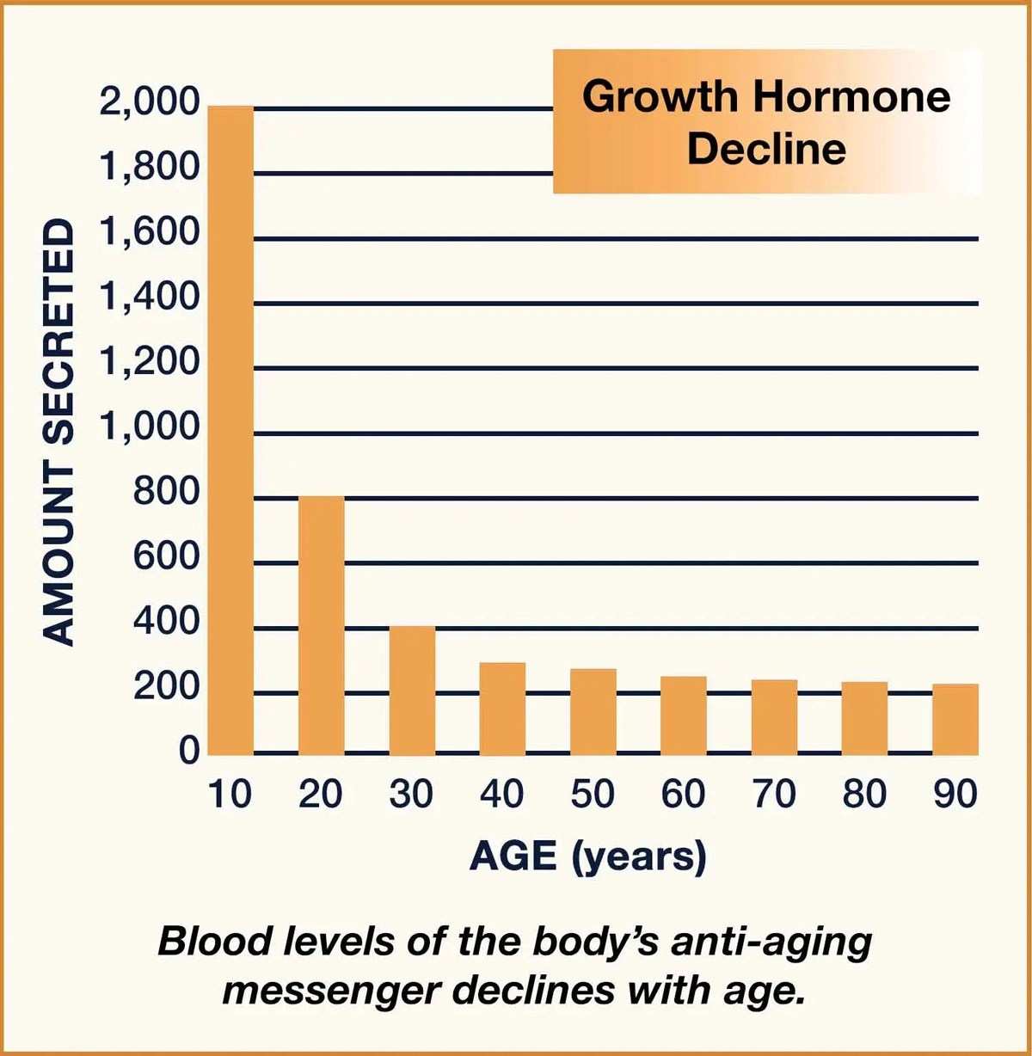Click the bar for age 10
tap(230, 430)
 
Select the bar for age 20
tap(321, 625)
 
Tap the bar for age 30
tap(412, 691)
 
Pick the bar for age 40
tap(502, 709)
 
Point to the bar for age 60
tap(684, 715)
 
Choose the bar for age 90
tap(955, 719)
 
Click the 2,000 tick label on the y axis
tap(150, 102)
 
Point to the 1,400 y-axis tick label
tap(150, 298)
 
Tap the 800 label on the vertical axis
tap(166, 493)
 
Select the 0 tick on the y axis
tap(189, 752)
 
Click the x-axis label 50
tap(593, 794)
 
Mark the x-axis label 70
tap(774, 794)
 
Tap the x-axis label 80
tap(864, 794)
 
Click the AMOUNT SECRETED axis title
tap(58, 432)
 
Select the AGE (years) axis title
tap(588, 856)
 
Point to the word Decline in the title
tap(766, 149)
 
